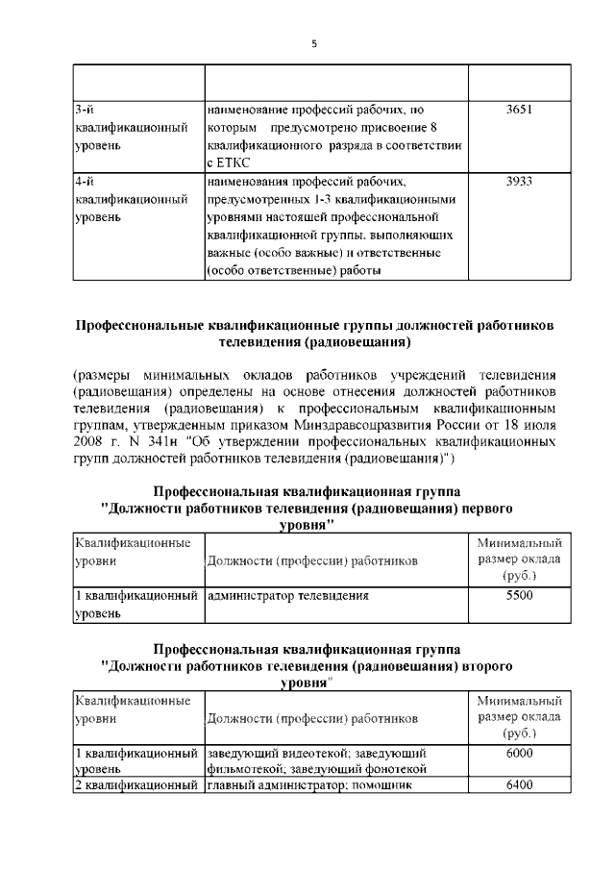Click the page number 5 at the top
pyautogui.click(x=314, y=43)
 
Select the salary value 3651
pyautogui.click(x=519, y=110)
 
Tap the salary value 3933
pyautogui.click(x=519, y=181)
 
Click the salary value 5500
pyautogui.click(x=519, y=596)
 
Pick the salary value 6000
pyautogui.click(x=519, y=753)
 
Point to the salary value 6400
pyautogui.click(x=519, y=786)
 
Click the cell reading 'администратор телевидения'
pyautogui.click(x=288, y=596)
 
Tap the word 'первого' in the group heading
pyautogui.click(x=483, y=507)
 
